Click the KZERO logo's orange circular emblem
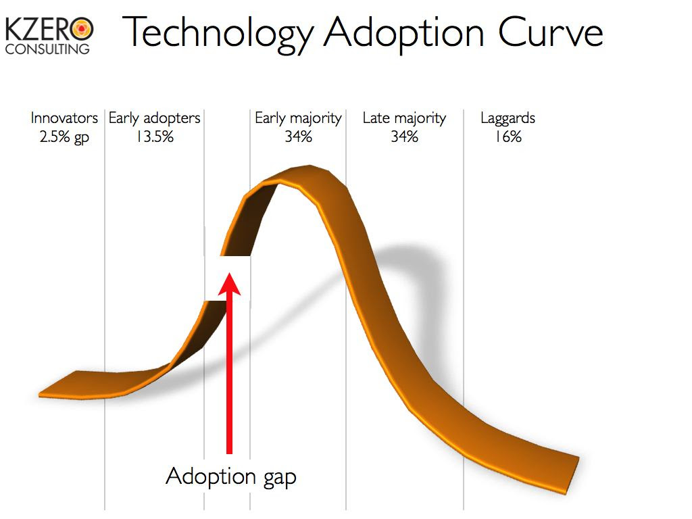[x=82, y=30]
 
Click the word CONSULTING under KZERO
[x=47, y=49]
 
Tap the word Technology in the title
[x=218, y=34]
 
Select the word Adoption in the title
[x=404, y=34]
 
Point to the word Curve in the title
[x=551, y=32]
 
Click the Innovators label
[x=64, y=118]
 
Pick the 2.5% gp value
[x=64, y=137]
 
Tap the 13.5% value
[x=155, y=137]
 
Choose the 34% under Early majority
[x=298, y=137]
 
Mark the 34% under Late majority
[x=404, y=137]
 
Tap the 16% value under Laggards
[x=508, y=137]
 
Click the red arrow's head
[x=230, y=284]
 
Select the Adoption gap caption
[x=231, y=477]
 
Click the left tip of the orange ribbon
[x=39, y=394]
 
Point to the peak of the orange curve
[x=309, y=167]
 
